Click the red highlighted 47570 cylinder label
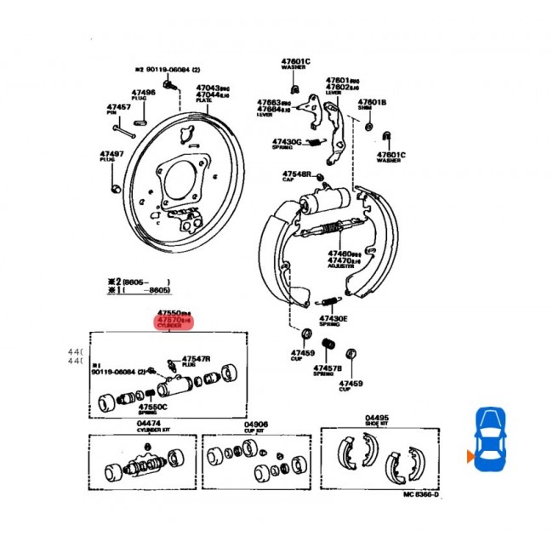[x=174, y=321]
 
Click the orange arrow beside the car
[x=469, y=458]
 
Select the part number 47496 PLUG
[x=144, y=94]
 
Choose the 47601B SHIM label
[x=371, y=105]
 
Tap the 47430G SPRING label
[x=287, y=144]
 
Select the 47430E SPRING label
[x=334, y=321]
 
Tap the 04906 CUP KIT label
[x=256, y=425]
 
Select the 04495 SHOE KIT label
[x=377, y=419]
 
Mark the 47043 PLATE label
[x=208, y=91]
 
